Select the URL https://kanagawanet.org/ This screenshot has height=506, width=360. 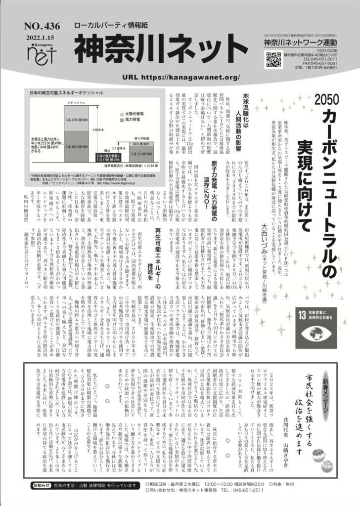(x=180, y=78)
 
